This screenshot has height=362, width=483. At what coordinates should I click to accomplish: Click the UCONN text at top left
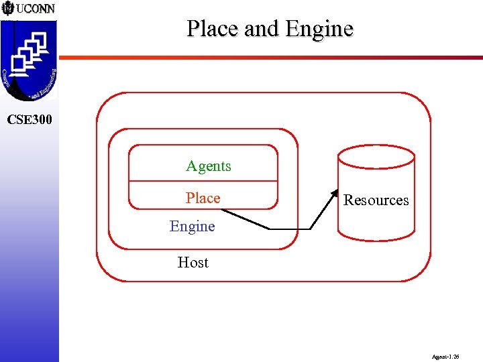(x=35, y=9)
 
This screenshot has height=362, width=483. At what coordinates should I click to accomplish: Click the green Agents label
(x=208, y=166)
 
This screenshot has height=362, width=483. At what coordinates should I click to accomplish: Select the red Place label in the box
(x=203, y=198)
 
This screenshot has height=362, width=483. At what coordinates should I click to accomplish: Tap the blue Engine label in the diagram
(x=192, y=227)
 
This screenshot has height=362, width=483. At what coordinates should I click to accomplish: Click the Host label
(x=193, y=263)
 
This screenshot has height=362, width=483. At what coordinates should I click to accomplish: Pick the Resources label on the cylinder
(x=376, y=200)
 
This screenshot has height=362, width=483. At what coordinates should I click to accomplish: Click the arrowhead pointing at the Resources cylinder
(x=335, y=195)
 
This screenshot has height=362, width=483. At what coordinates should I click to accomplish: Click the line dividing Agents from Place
(x=203, y=181)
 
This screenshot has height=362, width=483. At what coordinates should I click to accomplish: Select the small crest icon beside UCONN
(x=7, y=9)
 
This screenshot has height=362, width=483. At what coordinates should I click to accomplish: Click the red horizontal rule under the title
(x=268, y=57)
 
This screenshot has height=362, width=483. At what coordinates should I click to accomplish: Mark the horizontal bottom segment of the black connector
(x=290, y=229)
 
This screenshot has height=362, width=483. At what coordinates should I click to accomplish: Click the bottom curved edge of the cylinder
(x=376, y=239)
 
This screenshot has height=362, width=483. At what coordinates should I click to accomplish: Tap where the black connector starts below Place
(x=223, y=210)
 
